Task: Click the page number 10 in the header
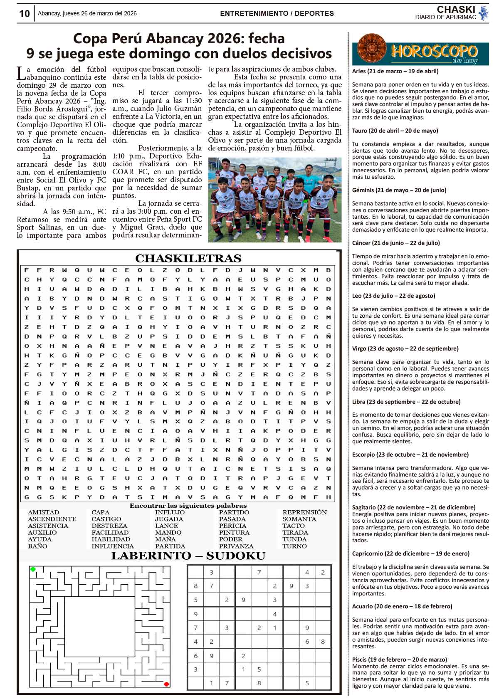tap(25, 14)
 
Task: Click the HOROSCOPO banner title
tap(434, 51)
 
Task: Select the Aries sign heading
tap(395, 71)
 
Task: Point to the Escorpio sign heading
tap(410, 454)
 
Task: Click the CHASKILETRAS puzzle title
tap(188, 258)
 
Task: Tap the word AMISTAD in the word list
tap(43, 512)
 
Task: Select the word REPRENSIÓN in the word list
tap(304, 512)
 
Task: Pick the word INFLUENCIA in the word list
tap(113, 546)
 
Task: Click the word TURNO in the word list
tap(294, 546)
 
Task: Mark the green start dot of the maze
tap(33, 569)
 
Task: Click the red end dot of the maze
tap(166, 684)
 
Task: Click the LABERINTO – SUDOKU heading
tap(188, 556)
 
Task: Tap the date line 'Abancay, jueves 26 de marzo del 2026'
tap(87, 14)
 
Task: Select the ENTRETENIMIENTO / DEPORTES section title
tap(277, 14)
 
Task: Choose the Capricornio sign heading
tap(411, 553)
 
